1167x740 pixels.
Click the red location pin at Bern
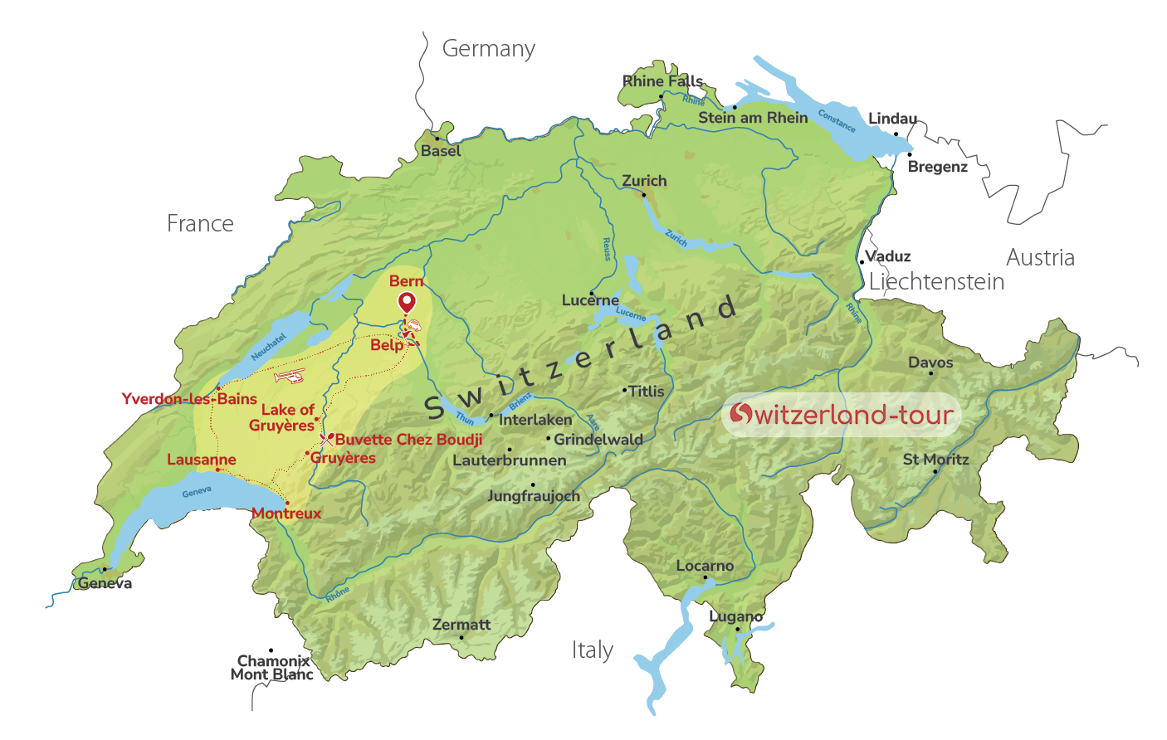tap(407, 303)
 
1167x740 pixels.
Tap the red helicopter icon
tap(290, 377)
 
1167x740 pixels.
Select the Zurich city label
tap(644, 181)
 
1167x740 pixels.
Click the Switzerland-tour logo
tap(841, 414)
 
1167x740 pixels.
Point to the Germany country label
tap(488, 49)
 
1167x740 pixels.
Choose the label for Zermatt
tap(461, 625)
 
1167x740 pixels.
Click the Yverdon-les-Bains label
tap(189, 399)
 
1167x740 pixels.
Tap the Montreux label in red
tap(286, 514)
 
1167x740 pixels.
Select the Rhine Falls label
tap(662, 81)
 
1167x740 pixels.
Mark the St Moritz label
tap(935, 460)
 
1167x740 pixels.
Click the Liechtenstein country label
tap(936, 282)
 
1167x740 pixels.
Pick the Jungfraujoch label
tap(534, 496)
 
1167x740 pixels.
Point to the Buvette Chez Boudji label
tap(408, 440)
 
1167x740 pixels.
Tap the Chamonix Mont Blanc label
tap(272, 668)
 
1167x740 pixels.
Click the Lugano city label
tap(735, 617)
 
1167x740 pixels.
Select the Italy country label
tap(592, 650)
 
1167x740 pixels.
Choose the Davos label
tap(930, 363)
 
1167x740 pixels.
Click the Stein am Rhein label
tap(753, 118)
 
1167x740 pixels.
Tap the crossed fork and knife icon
tap(326, 440)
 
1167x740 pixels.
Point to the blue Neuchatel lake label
tap(268, 347)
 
